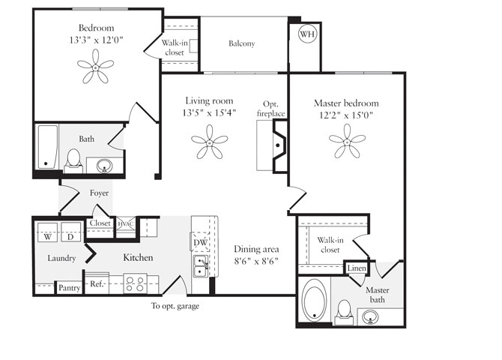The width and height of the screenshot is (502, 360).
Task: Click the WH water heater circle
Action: [x=307, y=34]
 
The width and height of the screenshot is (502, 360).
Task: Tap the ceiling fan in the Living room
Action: [x=209, y=142]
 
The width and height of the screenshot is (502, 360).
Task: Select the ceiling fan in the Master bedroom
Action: [x=347, y=139]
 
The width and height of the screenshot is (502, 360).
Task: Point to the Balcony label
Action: [x=241, y=43]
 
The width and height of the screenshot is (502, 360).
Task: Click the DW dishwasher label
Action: [x=200, y=242]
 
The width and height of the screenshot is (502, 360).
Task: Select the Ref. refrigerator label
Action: [x=97, y=284]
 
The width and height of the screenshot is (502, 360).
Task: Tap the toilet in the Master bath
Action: [x=345, y=310]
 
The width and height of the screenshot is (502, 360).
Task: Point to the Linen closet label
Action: [x=357, y=268]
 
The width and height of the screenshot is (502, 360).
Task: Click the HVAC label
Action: [x=124, y=223]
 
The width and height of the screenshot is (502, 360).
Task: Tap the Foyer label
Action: [x=100, y=193]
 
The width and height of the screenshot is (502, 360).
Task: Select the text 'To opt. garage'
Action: [x=175, y=306]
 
